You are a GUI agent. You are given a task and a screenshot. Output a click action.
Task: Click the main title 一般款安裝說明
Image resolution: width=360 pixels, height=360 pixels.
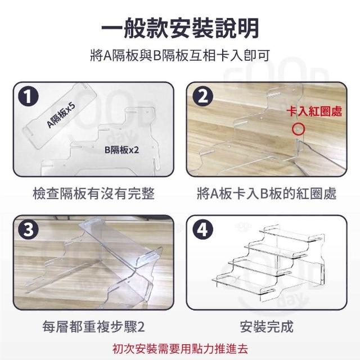pos(180,28)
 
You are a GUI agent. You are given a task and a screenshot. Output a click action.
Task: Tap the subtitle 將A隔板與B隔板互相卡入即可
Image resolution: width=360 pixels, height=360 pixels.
pos(180,56)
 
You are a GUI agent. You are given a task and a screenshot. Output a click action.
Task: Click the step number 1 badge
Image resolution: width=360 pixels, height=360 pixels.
pos(28,97)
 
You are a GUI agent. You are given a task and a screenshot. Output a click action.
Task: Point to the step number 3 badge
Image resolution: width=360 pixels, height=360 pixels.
pos(28,229)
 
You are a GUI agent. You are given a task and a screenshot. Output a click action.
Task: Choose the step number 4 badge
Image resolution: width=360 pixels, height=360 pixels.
pos(202,229)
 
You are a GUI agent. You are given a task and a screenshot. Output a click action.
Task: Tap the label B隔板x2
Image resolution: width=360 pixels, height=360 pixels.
pos(121,150)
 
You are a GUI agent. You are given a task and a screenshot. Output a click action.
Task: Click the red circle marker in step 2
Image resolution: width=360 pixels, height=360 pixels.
pos(298,129)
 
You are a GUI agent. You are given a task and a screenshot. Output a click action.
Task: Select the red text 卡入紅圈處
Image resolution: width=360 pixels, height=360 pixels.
pos(314,111)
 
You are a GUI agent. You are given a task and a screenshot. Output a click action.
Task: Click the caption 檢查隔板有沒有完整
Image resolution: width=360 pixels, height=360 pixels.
pos(94,193)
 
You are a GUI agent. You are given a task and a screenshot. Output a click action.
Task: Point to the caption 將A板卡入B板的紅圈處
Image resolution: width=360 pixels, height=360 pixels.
pos(267,193)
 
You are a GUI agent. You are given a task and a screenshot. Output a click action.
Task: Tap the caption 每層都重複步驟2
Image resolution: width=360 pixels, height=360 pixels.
pos(94,326)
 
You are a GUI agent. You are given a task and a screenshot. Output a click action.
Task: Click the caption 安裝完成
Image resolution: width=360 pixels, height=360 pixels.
pos(267,326)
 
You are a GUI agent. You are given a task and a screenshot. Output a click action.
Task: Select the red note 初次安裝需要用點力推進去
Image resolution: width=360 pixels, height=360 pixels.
pos(180,349)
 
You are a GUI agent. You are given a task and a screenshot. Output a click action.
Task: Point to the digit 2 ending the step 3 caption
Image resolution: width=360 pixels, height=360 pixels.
pos(141,327)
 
